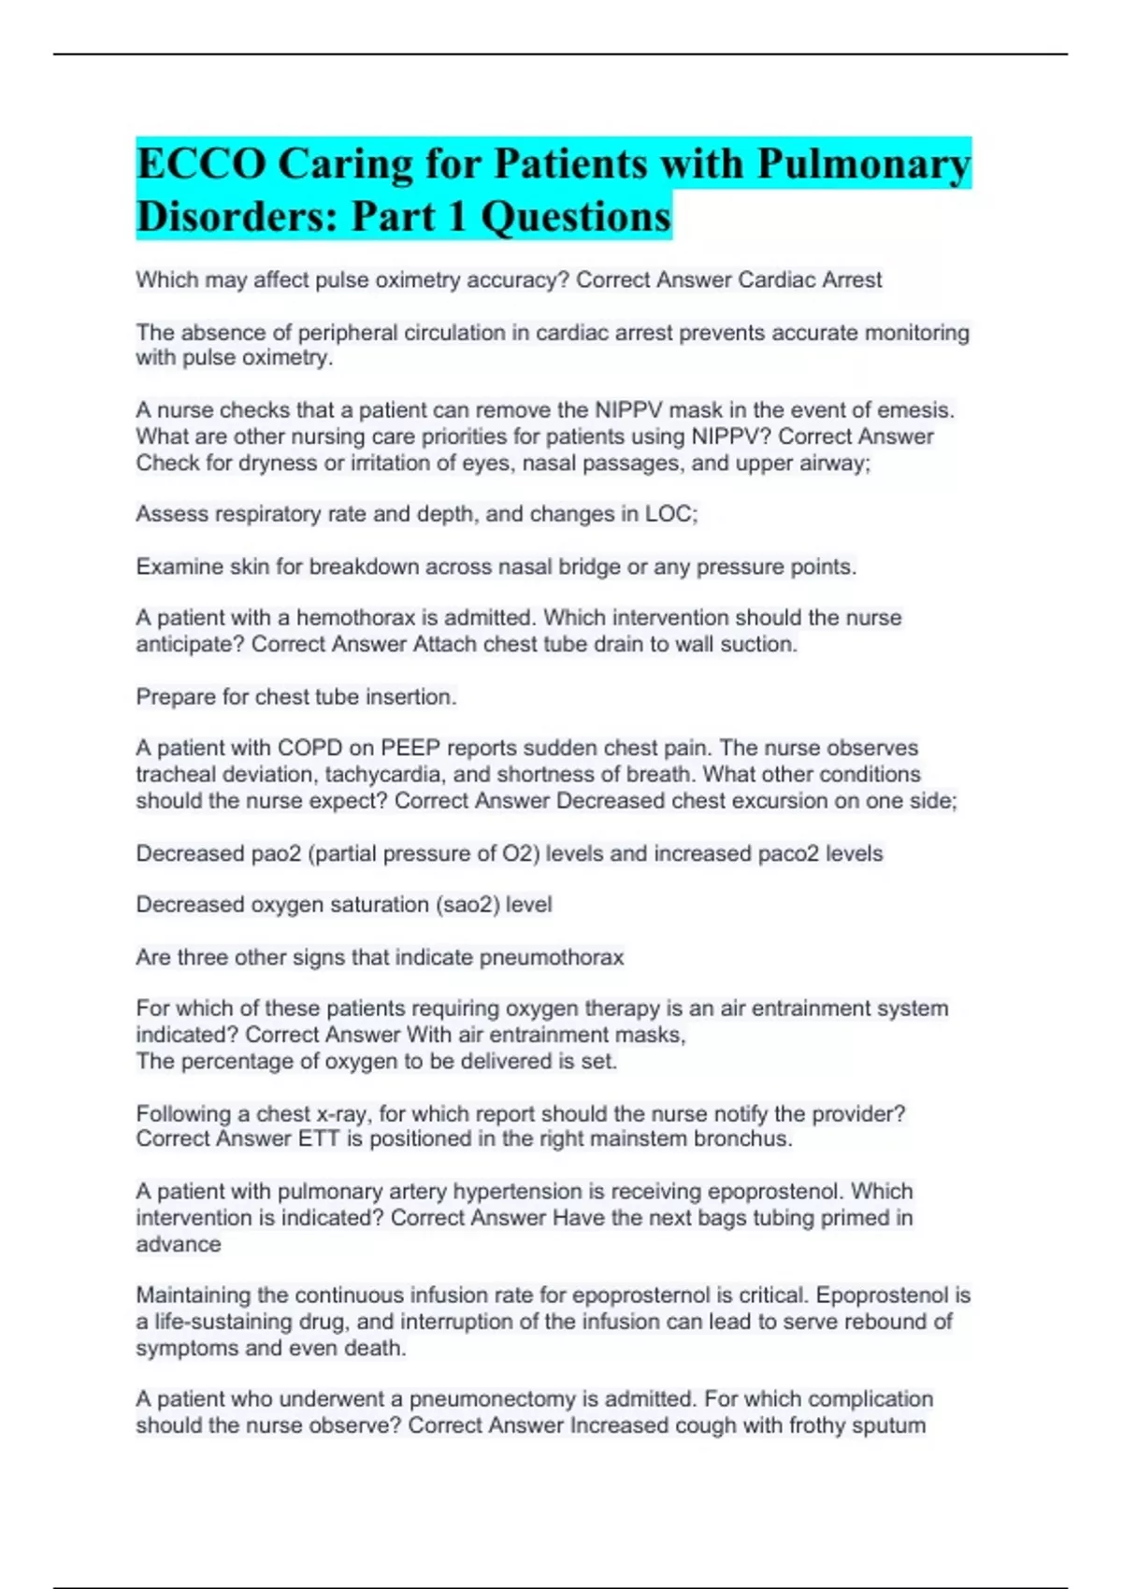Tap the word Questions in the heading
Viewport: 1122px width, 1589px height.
[576, 216]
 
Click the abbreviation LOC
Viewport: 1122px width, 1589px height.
[669, 514]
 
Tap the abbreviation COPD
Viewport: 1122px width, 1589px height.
[310, 749]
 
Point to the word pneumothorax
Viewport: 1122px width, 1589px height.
[551, 957]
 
